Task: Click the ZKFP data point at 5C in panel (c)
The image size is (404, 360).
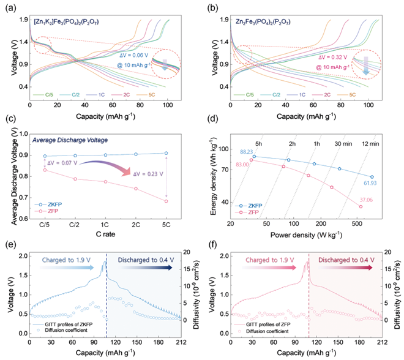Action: point(166,153)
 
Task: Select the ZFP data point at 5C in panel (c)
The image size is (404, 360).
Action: point(166,201)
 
